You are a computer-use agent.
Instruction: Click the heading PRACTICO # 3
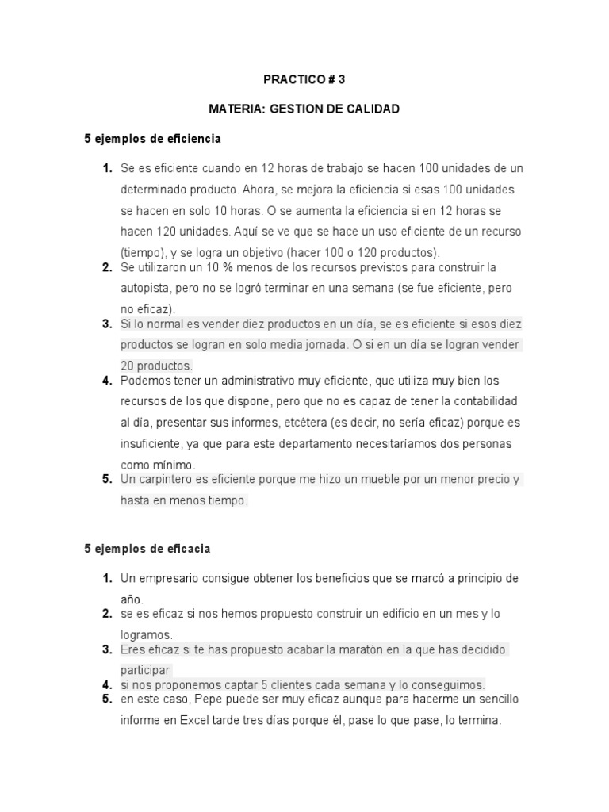point(304,79)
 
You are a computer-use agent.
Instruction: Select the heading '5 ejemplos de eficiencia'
point(152,139)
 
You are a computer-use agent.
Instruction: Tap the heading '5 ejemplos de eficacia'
point(147,549)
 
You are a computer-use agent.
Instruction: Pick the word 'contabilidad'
point(485,401)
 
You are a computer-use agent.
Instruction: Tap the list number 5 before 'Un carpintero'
point(106,479)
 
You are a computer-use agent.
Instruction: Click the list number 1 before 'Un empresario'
point(106,579)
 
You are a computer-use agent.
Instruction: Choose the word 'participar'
point(146,670)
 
